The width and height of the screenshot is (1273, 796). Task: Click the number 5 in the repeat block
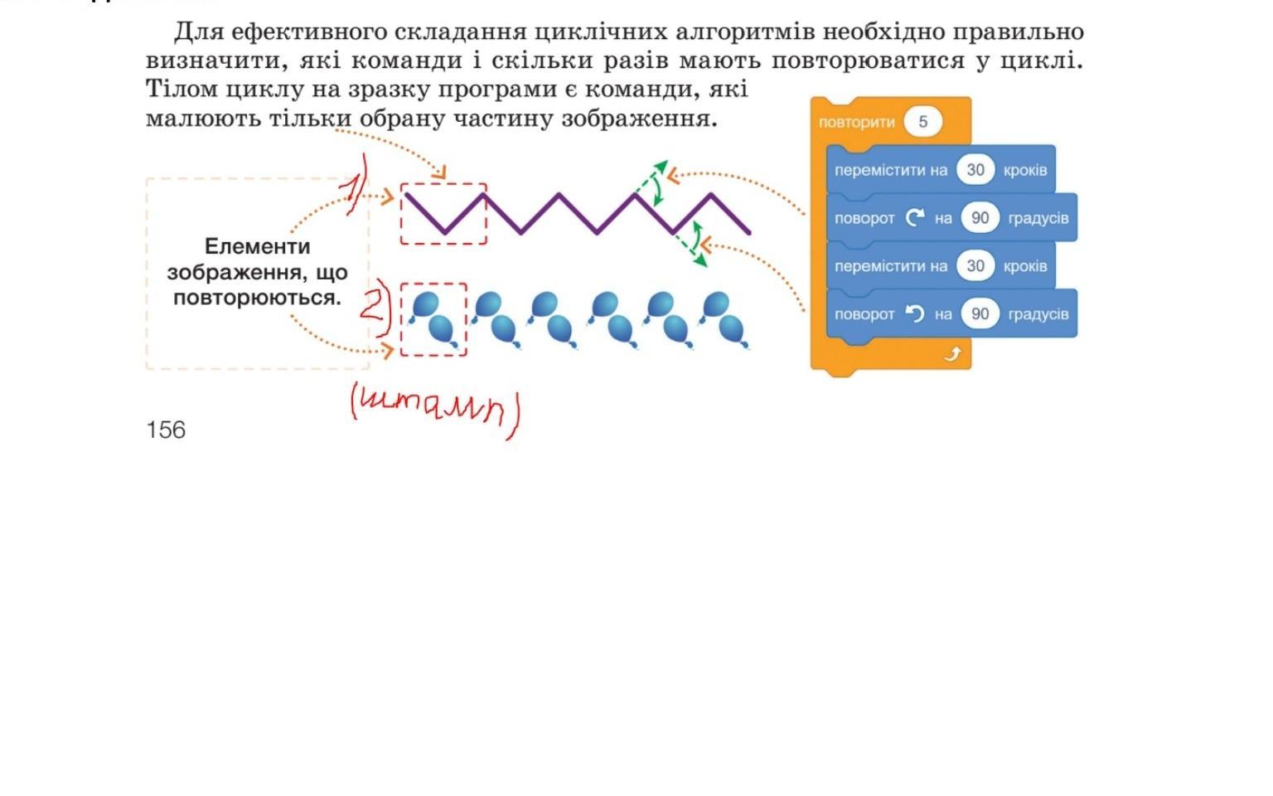[922, 122]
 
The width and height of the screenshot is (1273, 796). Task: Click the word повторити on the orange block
[856, 123]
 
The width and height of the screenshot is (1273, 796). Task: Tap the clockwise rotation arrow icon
[914, 217]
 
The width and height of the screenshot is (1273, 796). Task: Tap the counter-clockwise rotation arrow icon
[914, 313]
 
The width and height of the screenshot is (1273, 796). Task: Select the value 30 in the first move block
[975, 170]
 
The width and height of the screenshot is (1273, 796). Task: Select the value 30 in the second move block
[975, 266]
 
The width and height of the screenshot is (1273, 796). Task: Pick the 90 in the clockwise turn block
[980, 218]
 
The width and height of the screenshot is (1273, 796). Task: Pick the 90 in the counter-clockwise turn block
[980, 314]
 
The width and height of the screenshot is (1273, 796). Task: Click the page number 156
[166, 430]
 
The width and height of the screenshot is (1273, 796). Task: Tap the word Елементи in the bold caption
[257, 246]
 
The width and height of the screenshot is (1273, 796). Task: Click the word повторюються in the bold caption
[256, 298]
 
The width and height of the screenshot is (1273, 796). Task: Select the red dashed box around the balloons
[433, 319]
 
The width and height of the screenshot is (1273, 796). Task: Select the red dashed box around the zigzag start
[443, 214]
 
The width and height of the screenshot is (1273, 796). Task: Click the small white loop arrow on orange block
[952, 355]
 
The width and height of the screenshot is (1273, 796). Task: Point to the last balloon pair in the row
[723, 319]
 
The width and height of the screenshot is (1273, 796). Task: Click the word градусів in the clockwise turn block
[1038, 218]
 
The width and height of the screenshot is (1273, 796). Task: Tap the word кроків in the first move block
[1024, 170]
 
